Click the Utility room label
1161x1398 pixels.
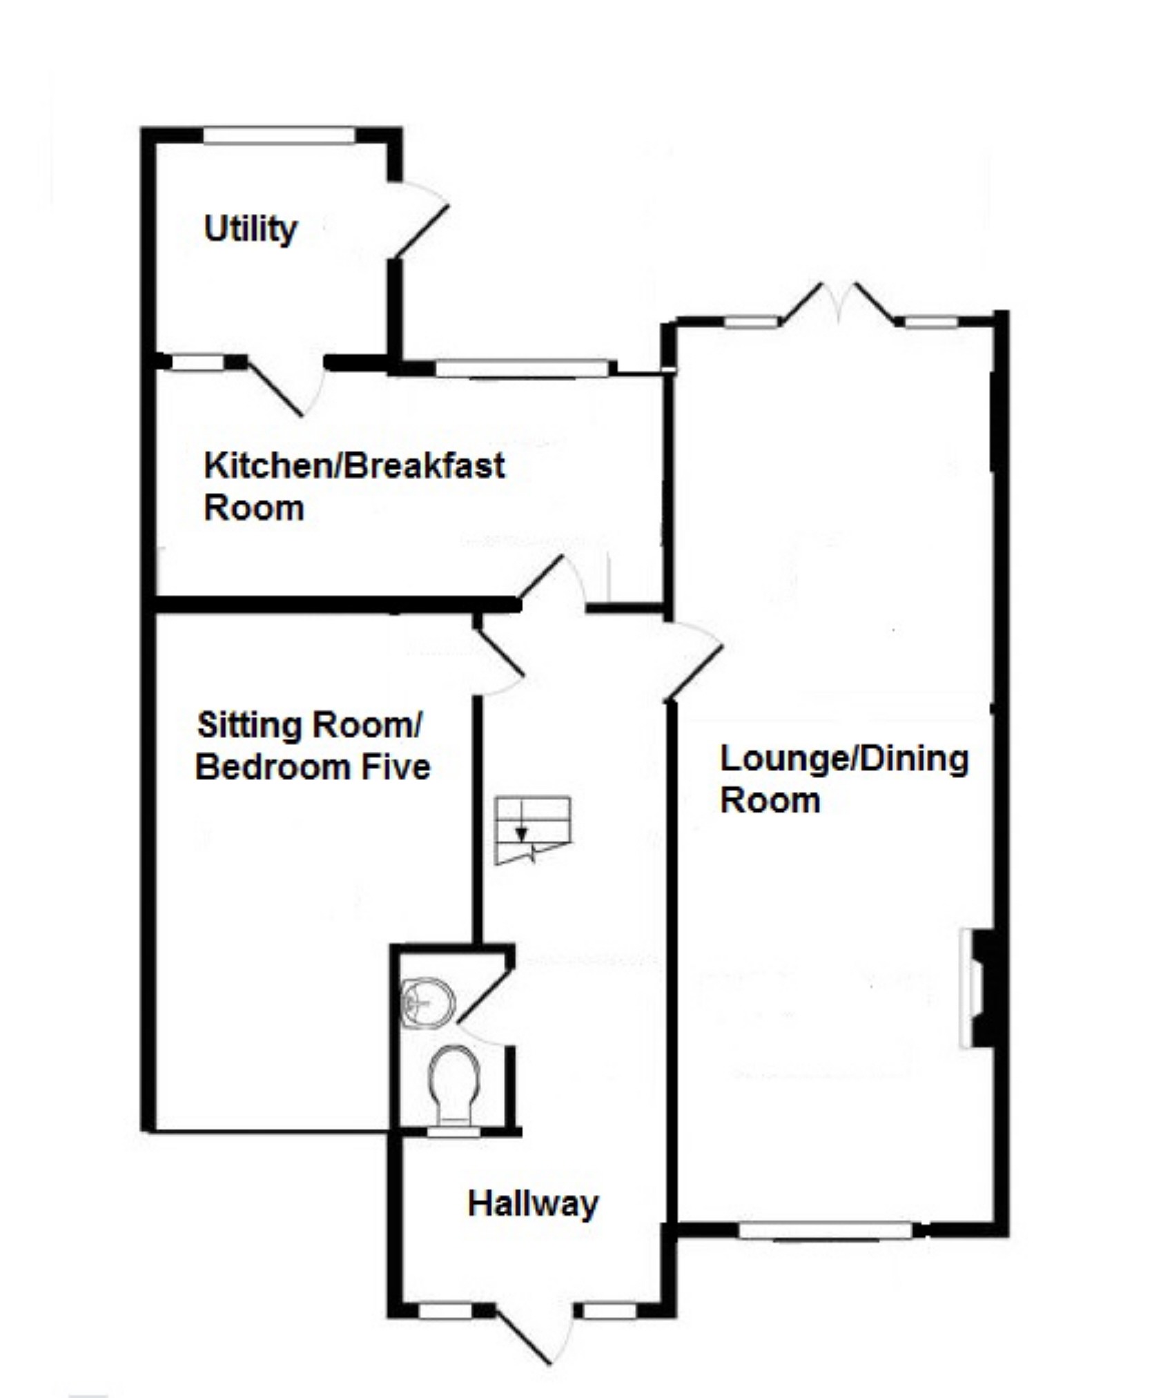pos(250,229)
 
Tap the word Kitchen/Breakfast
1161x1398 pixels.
pos(354,466)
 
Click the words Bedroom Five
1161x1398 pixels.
pos(313,767)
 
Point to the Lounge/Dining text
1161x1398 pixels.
pos(844,759)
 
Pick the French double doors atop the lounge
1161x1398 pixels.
pos(838,304)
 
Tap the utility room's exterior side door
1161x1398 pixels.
pos(419,221)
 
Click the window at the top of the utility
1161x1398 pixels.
pos(279,136)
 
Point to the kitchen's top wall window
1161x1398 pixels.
pos(523,368)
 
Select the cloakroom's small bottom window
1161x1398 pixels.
pos(453,1129)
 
